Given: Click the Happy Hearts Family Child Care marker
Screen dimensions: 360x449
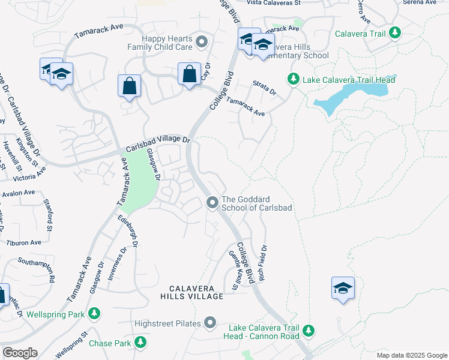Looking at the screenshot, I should [202, 41].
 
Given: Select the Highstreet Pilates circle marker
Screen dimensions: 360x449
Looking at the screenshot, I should [209, 323].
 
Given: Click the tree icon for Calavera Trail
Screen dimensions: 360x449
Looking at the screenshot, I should [394, 32].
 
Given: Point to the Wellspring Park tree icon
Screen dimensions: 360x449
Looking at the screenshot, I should [94, 313].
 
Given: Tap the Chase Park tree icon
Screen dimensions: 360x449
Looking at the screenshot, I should [140, 342].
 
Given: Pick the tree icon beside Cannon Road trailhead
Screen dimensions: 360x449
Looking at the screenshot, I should [309, 331].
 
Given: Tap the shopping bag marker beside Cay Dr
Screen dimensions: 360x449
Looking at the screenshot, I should [189, 75].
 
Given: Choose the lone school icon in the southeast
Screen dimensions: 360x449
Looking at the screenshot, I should [343, 289].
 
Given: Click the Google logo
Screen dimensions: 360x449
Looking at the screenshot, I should [20, 353].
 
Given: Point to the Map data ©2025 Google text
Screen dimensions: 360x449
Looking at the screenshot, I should [411, 355].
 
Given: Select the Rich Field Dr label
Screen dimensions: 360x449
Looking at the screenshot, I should [264, 263].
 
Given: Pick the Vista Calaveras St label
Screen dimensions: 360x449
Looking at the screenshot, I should [273, 3].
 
